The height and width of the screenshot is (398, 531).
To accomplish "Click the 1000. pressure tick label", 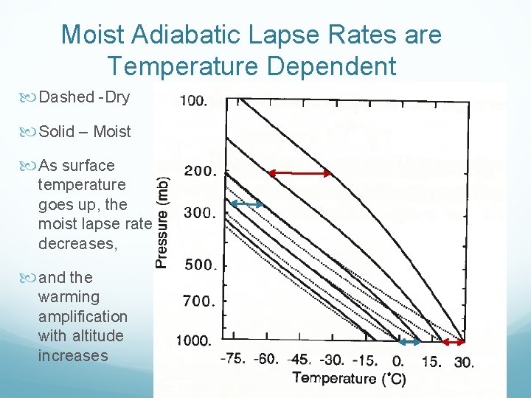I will click(x=193, y=341).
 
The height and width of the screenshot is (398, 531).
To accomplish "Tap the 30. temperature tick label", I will click(x=464, y=362).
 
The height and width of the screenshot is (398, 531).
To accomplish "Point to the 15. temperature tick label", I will click(x=431, y=362).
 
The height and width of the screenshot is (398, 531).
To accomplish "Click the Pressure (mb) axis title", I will click(x=163, y=221).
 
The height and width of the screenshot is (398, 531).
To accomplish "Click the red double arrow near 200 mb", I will click(x=299, y=173).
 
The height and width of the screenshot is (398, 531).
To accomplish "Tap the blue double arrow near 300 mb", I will click(x=251, y=204).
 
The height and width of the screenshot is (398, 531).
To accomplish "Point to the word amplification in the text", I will click(x=83, y=316).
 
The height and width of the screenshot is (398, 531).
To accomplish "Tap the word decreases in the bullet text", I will click(x=77, y=243).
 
